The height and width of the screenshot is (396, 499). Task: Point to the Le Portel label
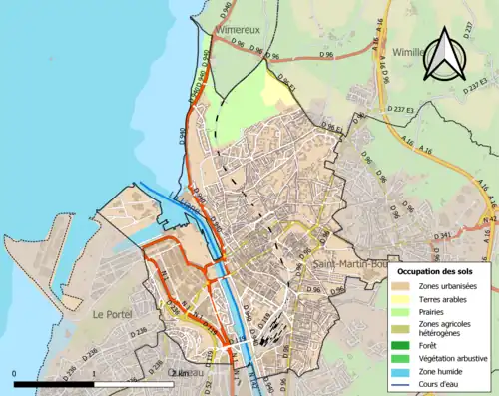coord(112,314)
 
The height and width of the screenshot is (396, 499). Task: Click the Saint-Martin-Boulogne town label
coord(349,264)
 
